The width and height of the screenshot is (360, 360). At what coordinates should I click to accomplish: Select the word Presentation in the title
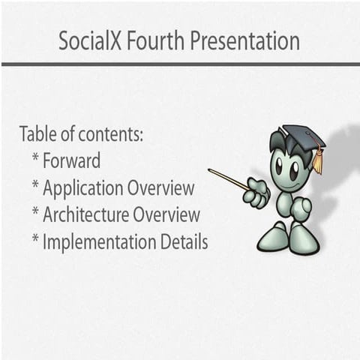tap(244, 40)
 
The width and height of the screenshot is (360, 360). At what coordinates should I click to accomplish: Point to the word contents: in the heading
tap(111, 136)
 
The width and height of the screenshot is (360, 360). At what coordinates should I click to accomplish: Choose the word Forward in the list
tap(72, 160)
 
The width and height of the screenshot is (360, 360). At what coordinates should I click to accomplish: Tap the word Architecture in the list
tap(86, 215)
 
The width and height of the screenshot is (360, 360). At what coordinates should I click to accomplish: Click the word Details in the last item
tap(184, 241)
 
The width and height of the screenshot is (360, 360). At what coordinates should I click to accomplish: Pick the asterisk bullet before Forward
tap(35, 159)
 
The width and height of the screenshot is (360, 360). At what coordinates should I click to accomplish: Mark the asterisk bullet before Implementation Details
tap(35, 240)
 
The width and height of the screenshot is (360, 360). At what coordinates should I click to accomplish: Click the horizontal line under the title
tap(180, 64)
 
